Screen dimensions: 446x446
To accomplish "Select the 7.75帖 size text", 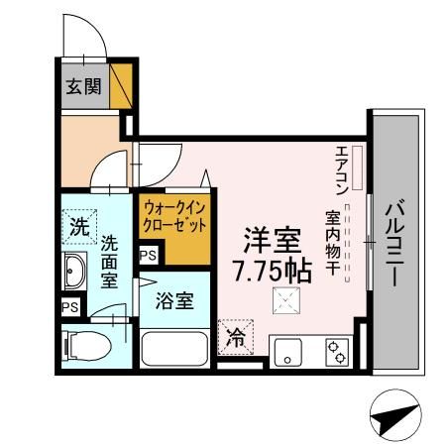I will coord(272,269).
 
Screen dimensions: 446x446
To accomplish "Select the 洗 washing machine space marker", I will coord(78,226).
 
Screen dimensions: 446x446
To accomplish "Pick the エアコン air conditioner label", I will coord(341,167).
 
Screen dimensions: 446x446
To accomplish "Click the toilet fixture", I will coord(81,347).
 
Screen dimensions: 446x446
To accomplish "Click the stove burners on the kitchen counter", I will coord(338,350).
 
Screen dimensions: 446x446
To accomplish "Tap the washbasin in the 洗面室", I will coord(75,269).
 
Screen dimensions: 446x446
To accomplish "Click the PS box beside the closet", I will coord(148,256).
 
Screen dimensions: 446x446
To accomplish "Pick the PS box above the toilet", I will coord(69,307).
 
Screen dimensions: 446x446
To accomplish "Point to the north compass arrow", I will coord(391,416).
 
